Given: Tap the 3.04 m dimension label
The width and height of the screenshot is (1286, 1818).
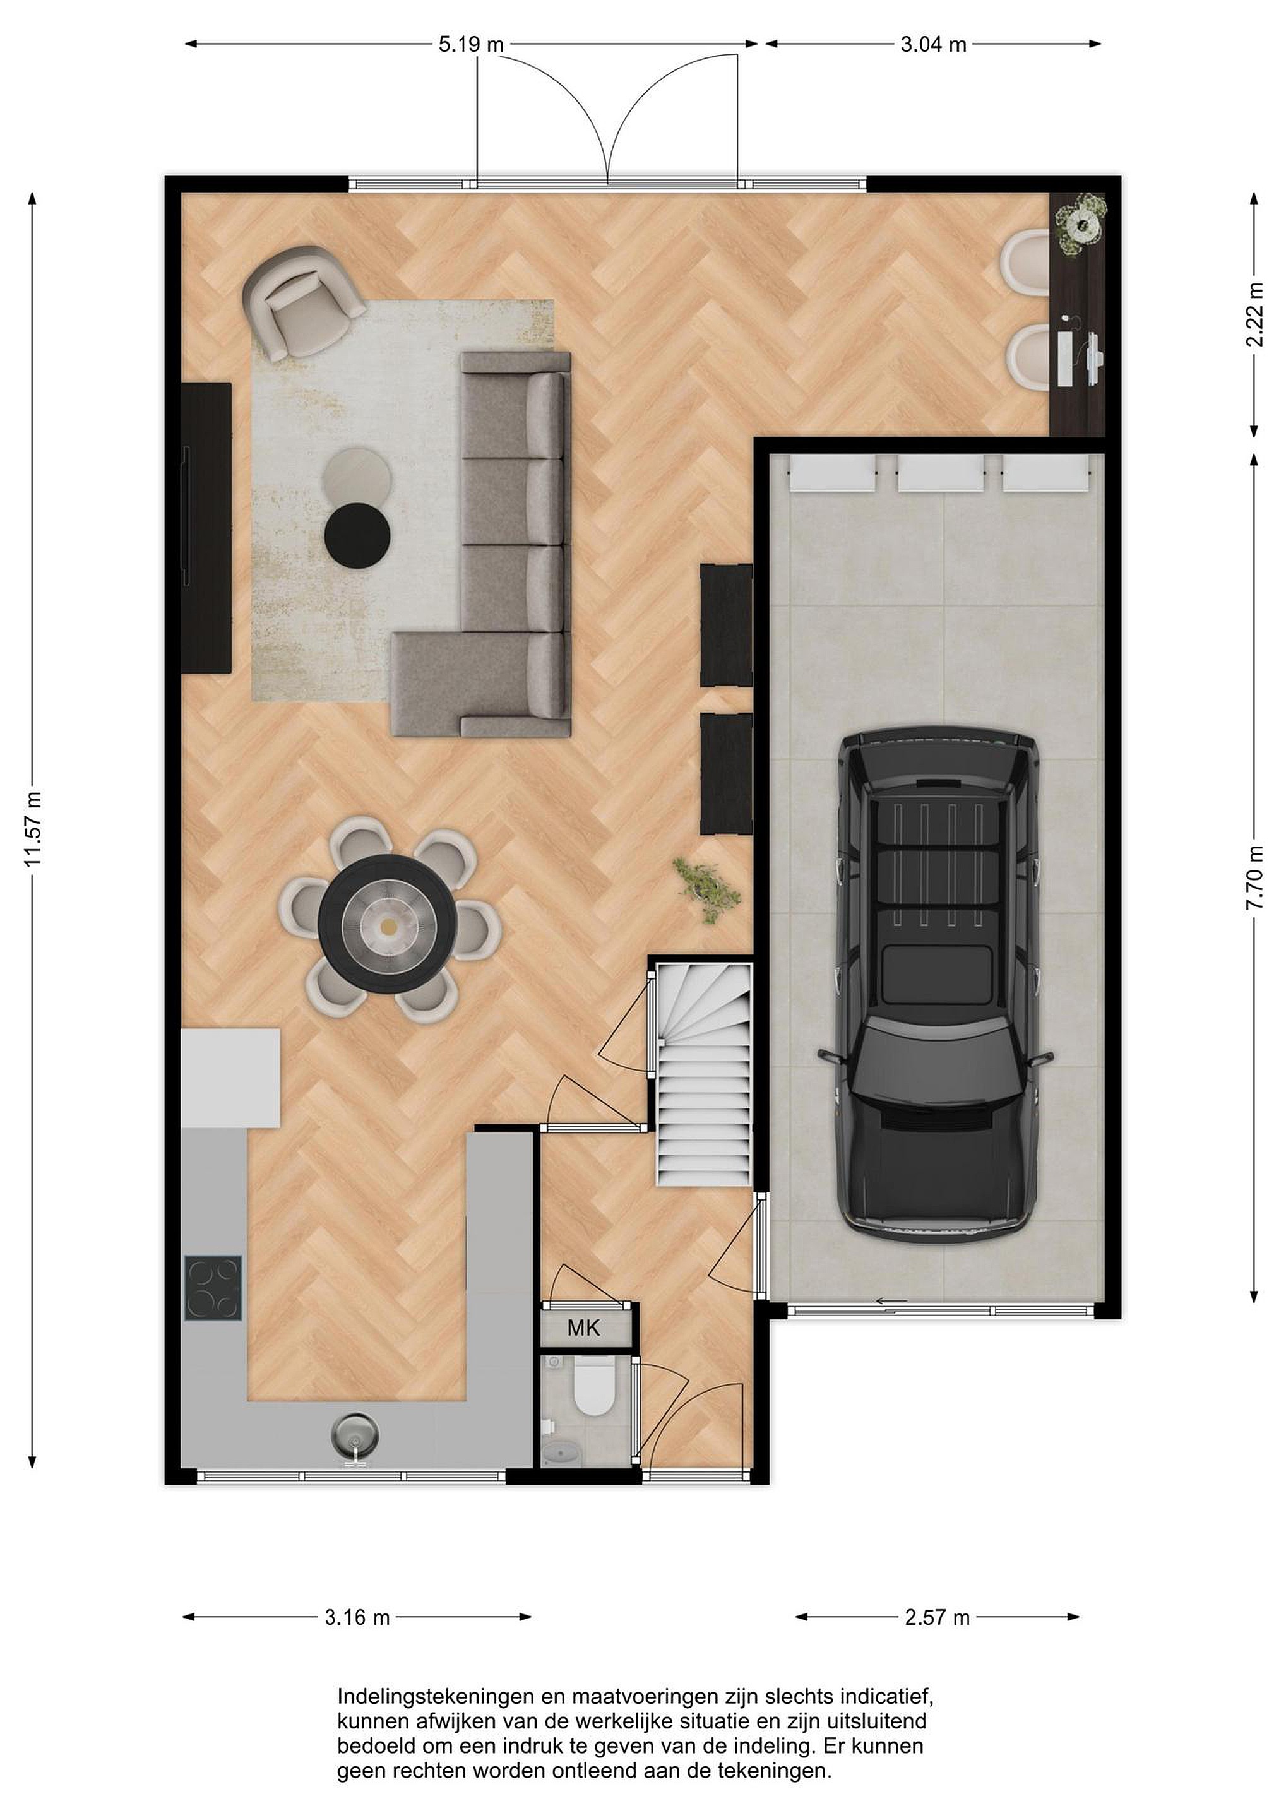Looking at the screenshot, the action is (x=934, y=44).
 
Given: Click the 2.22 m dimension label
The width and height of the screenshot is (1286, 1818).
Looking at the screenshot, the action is (x=1254, y=315).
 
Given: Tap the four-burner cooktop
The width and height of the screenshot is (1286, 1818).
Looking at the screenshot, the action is (x=213, y=1288).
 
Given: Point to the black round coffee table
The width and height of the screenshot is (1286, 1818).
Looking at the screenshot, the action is (x=358, y=535).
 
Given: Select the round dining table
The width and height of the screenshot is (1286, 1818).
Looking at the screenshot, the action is (x=386, y=924).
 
